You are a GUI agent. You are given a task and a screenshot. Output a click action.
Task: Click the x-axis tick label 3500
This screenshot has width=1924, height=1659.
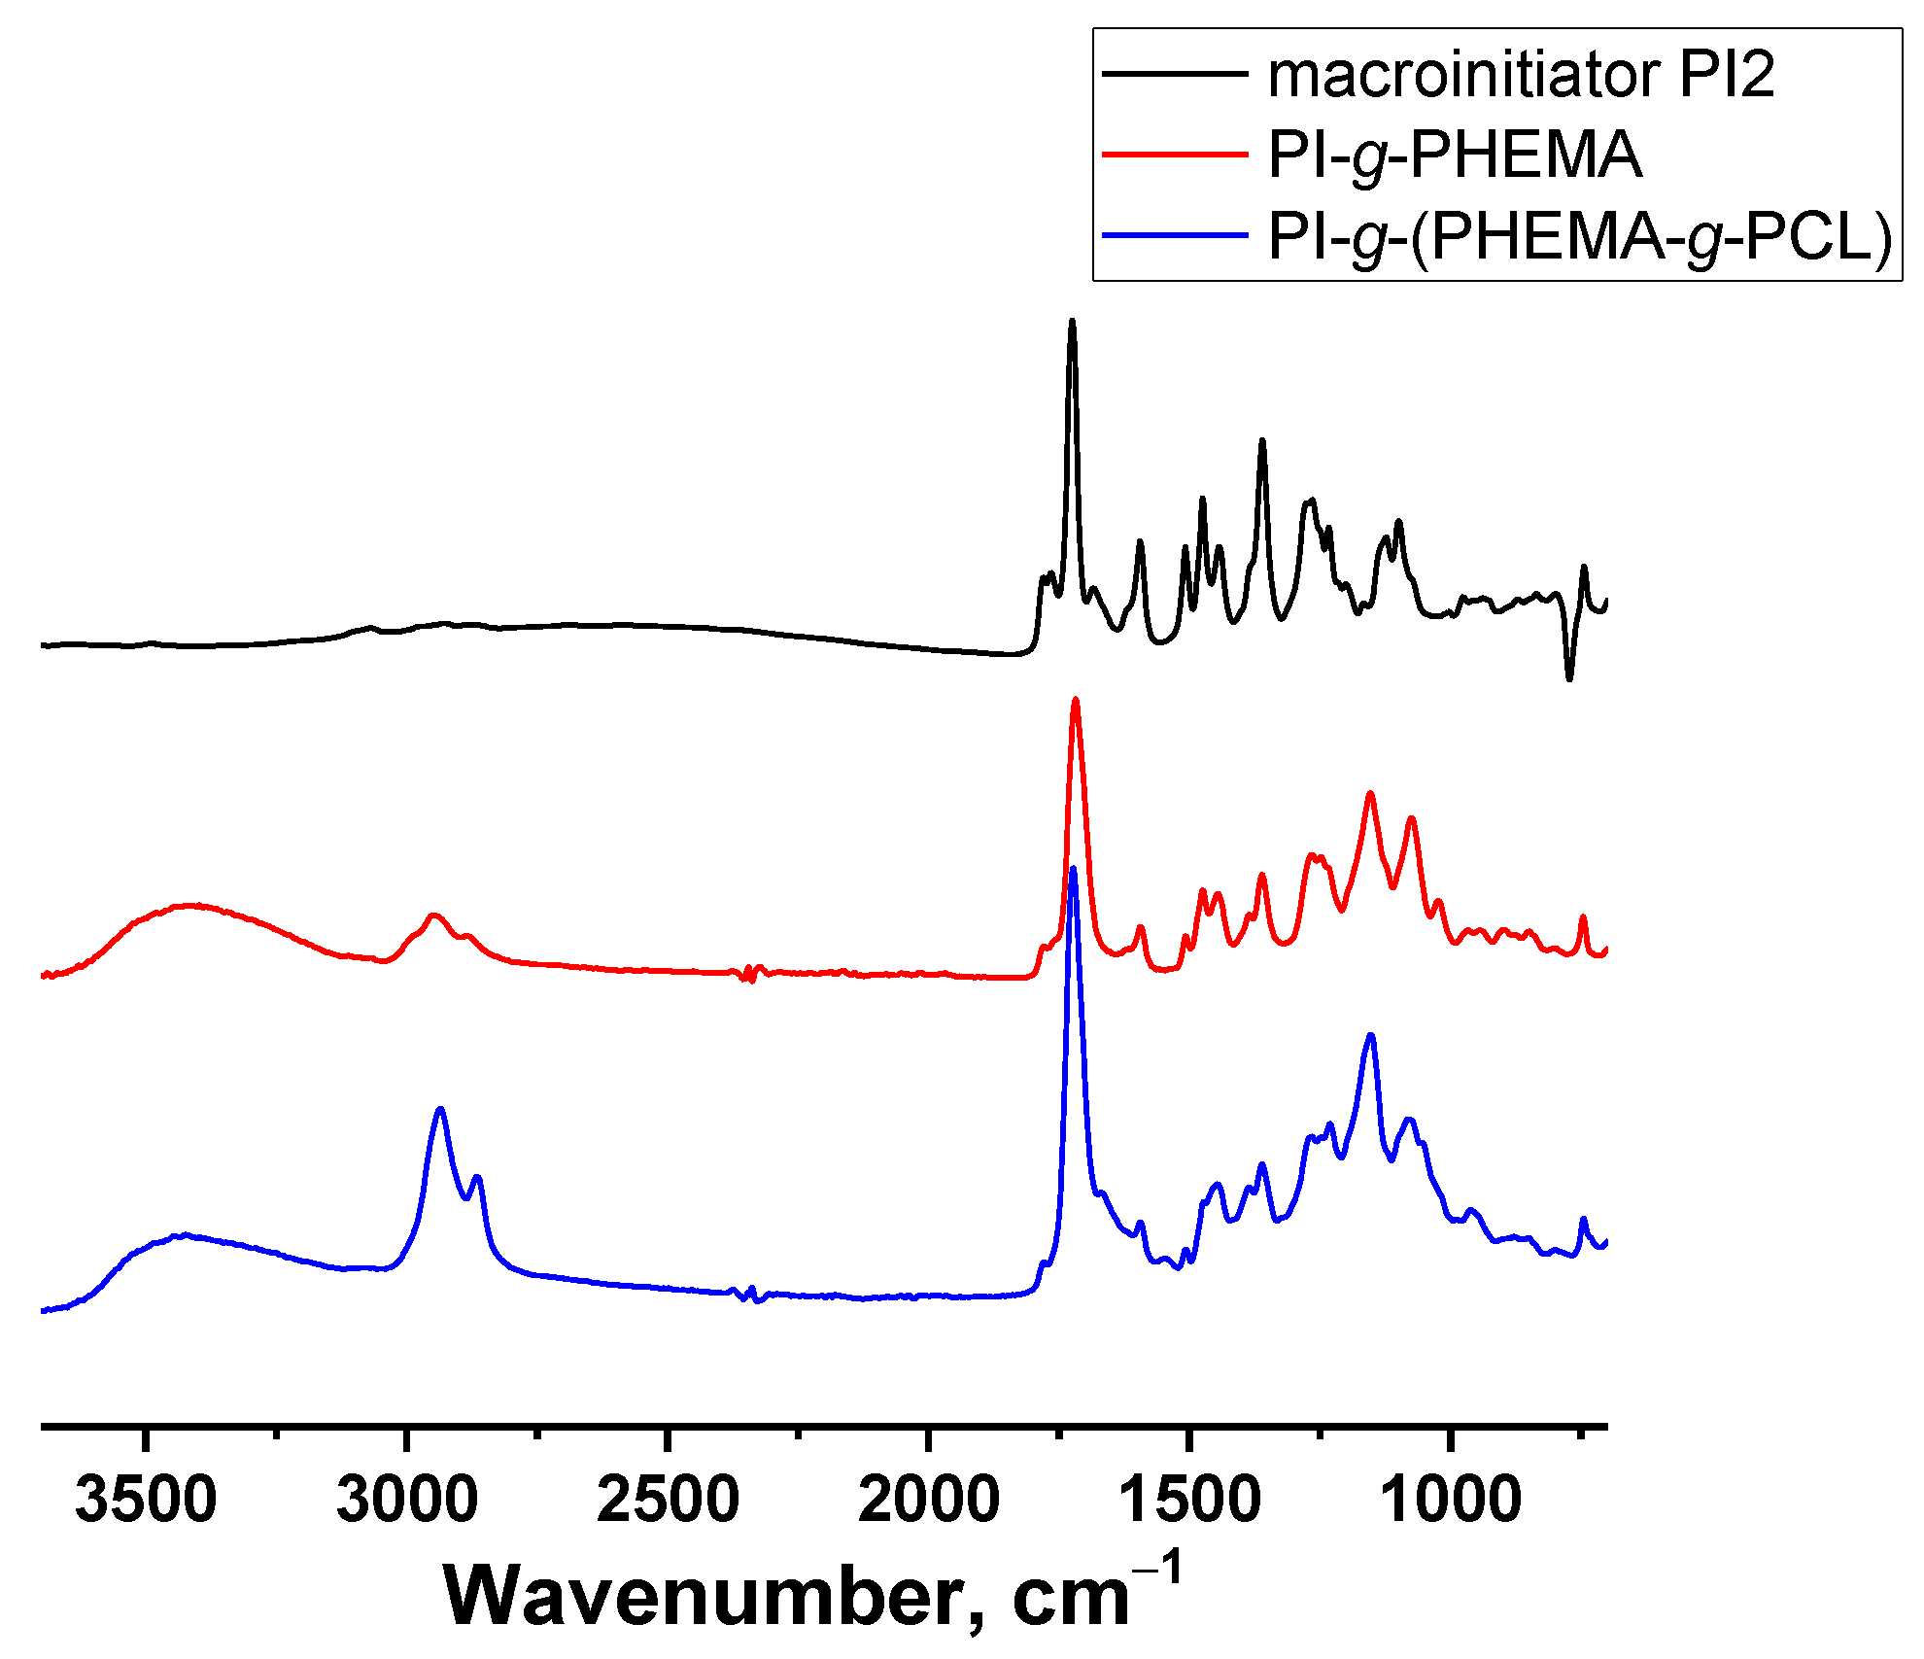pos(146,1500)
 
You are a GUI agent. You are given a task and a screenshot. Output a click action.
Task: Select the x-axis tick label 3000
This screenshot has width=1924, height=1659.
pos(406,1500)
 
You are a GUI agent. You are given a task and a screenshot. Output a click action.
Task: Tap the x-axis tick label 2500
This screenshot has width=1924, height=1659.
pos(668,1500)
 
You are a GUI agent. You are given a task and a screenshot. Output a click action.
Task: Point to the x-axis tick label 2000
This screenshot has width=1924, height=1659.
pos(928,1500)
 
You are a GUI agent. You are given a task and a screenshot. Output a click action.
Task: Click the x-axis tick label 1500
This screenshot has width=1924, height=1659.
pos(1189,1500)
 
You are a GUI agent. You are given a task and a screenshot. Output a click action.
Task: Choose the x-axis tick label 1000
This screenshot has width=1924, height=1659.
pos(1450,1500)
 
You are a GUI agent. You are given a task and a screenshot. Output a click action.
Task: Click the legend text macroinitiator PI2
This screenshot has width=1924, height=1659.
pos(1521,75)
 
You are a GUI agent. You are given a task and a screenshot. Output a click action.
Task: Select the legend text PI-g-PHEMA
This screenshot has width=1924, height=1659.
pos(1455,156)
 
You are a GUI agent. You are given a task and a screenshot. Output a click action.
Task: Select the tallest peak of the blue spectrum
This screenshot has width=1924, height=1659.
pos(1073,869)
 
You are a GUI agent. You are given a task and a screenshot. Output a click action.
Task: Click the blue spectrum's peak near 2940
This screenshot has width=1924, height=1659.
pos(440,1109)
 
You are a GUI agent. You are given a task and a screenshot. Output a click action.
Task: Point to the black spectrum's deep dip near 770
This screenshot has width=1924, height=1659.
pos(1568,678)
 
